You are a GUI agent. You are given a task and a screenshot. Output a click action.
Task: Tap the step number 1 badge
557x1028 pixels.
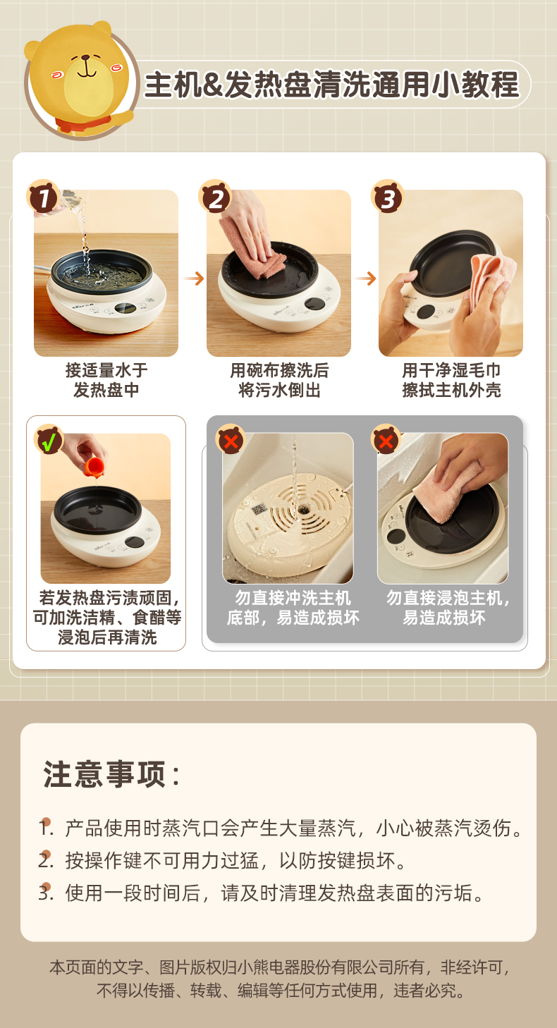click(43, 197)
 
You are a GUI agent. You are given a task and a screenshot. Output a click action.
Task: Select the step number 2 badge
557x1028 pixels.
click(215, 197)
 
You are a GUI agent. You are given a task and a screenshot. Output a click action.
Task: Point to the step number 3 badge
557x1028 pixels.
click(388, 197)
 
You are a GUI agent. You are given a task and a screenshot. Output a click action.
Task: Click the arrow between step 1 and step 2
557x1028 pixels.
click(193, 278)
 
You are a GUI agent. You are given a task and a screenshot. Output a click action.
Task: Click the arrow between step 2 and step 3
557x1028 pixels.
click(366, 278)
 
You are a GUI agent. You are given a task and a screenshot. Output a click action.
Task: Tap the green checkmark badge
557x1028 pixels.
click(49, 440)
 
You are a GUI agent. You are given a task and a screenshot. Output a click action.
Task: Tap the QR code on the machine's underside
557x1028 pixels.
click(258, 509)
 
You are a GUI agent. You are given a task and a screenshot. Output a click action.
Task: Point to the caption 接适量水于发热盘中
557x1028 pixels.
click(106, 380)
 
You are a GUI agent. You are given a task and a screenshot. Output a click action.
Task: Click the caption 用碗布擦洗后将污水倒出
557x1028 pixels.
click(279, 380)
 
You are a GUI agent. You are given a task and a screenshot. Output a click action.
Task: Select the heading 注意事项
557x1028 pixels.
click(111, 774)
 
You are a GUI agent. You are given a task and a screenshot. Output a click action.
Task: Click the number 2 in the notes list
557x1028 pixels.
click(45, 860)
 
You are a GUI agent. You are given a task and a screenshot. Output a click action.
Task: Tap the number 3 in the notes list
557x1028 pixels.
click(45, 893)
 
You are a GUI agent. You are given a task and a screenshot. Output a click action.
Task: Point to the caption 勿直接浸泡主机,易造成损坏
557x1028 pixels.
click(448, 608)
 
